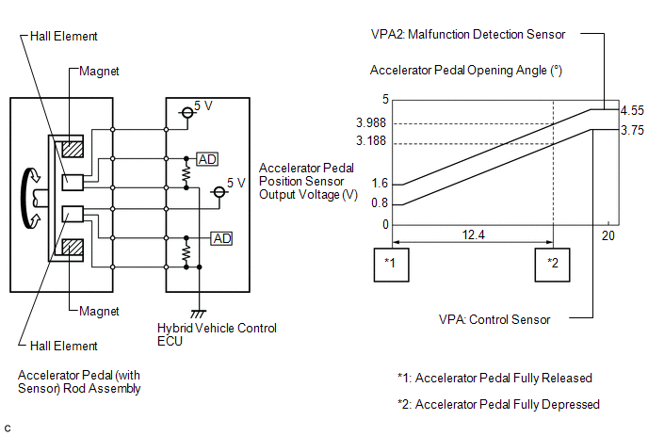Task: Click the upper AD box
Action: point(207,159)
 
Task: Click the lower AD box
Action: point(221,238)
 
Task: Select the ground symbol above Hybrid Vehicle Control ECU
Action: point(199,314)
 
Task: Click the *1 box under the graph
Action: point(392,265)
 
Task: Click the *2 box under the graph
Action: point(552,265)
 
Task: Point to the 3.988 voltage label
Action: point(371,122)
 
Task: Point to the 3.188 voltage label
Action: point(371,141)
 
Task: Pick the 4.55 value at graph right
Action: point(632,110)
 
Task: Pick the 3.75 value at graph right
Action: point(632,130)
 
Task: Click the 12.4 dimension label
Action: point(473,234)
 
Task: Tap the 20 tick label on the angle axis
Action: point(607,235)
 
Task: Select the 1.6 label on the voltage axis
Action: point(380,183)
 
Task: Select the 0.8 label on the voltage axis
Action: point(380,202)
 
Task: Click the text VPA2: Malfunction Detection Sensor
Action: point(468,34)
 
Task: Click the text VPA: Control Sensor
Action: point(494,319)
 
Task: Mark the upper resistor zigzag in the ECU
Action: point(186,173)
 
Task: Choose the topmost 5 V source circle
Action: point(187,112)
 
